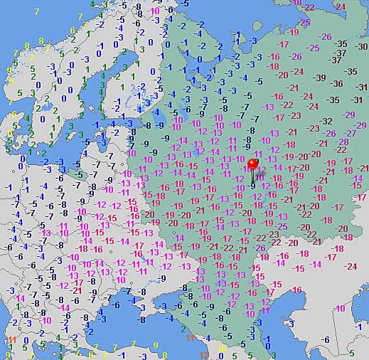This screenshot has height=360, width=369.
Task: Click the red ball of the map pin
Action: coord(252,165)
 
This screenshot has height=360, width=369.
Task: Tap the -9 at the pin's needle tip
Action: coord(253,186)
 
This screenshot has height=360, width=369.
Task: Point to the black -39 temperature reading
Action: coord(321,78)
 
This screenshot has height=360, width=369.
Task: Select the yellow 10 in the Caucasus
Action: coord(221,349)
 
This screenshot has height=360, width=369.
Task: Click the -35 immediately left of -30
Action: coord(342,43)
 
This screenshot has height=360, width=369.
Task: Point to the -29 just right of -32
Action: coord(348,115)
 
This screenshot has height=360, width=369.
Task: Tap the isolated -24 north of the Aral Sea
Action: coord(350,266)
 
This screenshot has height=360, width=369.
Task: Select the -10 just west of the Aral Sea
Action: coord(341,307)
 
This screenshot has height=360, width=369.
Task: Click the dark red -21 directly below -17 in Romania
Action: coord(76,291)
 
